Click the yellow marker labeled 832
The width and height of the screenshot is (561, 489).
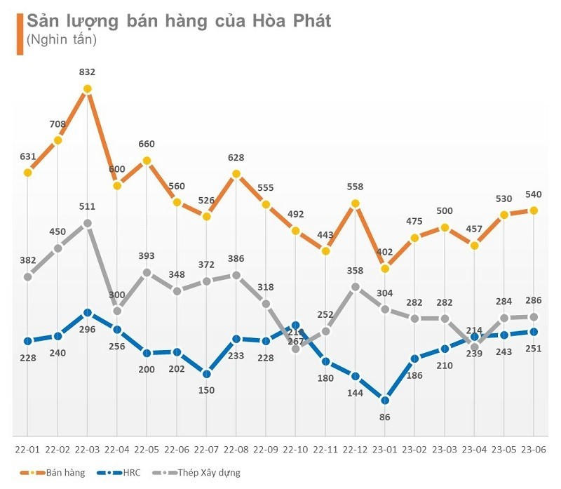pyautogui.click(x=87, y=89)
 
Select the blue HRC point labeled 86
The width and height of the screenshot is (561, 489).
pyautogui.click(x=385, y=400)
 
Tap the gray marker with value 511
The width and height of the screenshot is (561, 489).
pyautogui.click(x=87, y=223)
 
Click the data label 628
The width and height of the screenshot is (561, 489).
pyautogui.click(x=236, y=156)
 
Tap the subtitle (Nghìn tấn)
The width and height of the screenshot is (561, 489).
pyautogui.click(x=61, y=40)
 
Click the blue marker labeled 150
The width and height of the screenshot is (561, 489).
pyautogui.click(x=206, y=373)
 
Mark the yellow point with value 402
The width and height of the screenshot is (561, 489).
pyautogui.click(x=385, y=268)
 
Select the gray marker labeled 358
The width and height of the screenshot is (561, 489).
pyautogui.click(x=356, y=287)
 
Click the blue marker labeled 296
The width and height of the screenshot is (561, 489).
pyautogui.click(x=87, y=312)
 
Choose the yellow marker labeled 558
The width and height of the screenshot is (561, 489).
pyautogui.click(x=356, y=203)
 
